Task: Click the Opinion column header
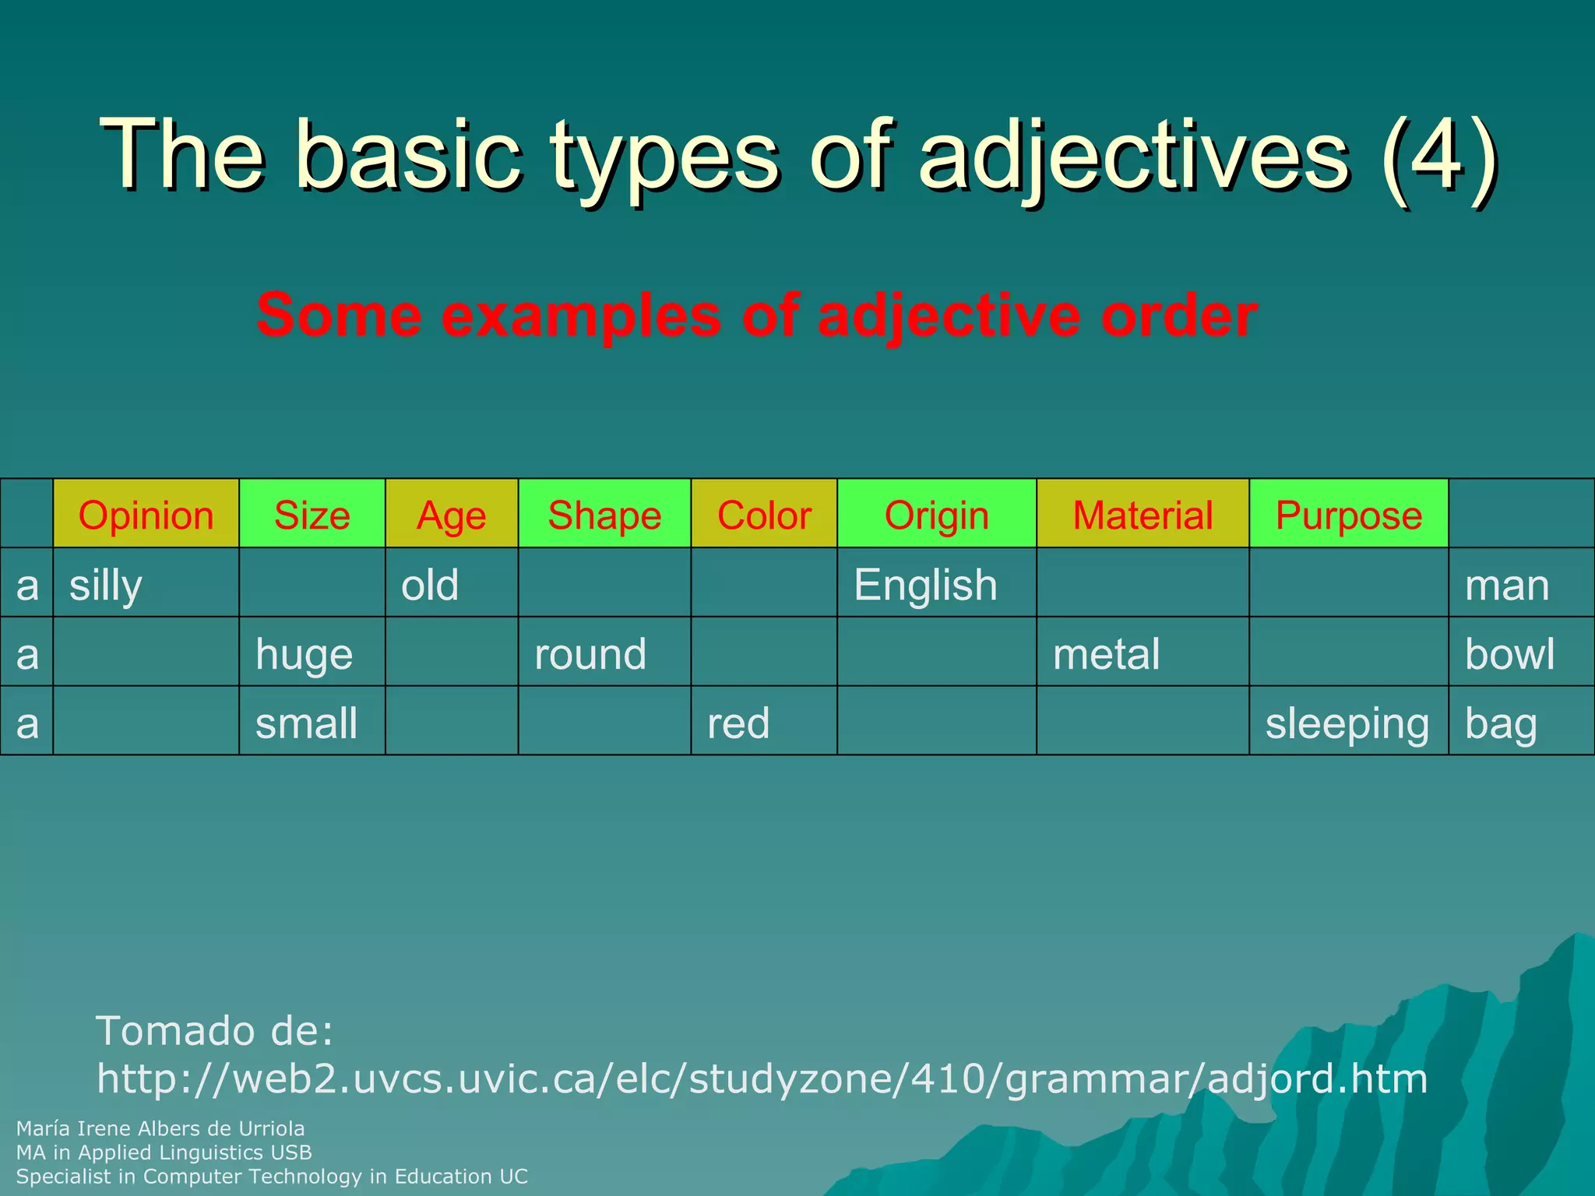[x=146, y=515]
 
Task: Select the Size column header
[x=312, y=515]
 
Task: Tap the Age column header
[x=451, y=515]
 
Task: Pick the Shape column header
[x=604, y=515]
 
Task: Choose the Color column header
[x=764, y=515]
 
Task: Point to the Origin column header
[x=936, y=515]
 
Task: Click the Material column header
[x=1143, y=515]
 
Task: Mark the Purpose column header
[x=1348, y=515]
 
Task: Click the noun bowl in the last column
[x=1509, y=653]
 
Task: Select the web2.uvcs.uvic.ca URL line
[x=762, y=1078]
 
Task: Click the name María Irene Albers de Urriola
[x=160, y=1128]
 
